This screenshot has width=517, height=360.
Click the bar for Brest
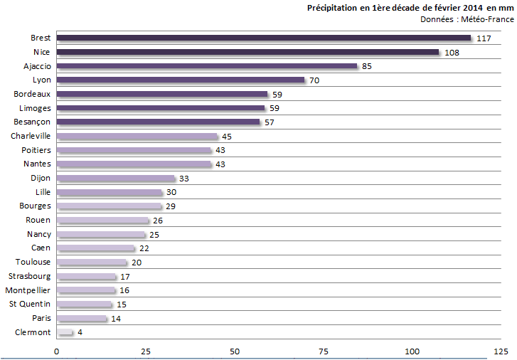(x=263, y=38)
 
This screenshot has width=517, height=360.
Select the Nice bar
(x=247, y=52)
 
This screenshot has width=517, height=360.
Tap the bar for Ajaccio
(x=206, y=66)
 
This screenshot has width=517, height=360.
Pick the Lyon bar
(x=180, y=80)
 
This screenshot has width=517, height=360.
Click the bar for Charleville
(x=137, y=136)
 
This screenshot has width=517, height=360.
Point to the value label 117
(x=484, y=38)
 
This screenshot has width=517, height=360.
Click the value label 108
(x=452, y=53)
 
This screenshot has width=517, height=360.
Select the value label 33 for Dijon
(x=184, y=179)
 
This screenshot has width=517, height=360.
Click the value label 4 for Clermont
(x=80, y=333)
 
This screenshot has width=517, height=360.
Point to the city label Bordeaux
(x=32, y=94)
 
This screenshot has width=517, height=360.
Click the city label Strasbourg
(x=29, y=276)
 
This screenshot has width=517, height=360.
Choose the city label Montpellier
(x=28, y=290)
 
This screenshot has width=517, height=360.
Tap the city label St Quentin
(x=30, y=305)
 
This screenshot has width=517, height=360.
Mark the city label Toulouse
(x=33, y=262)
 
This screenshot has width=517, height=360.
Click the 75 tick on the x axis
(x=323, y=351)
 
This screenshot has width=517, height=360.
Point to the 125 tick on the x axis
(x=501, y=351)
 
